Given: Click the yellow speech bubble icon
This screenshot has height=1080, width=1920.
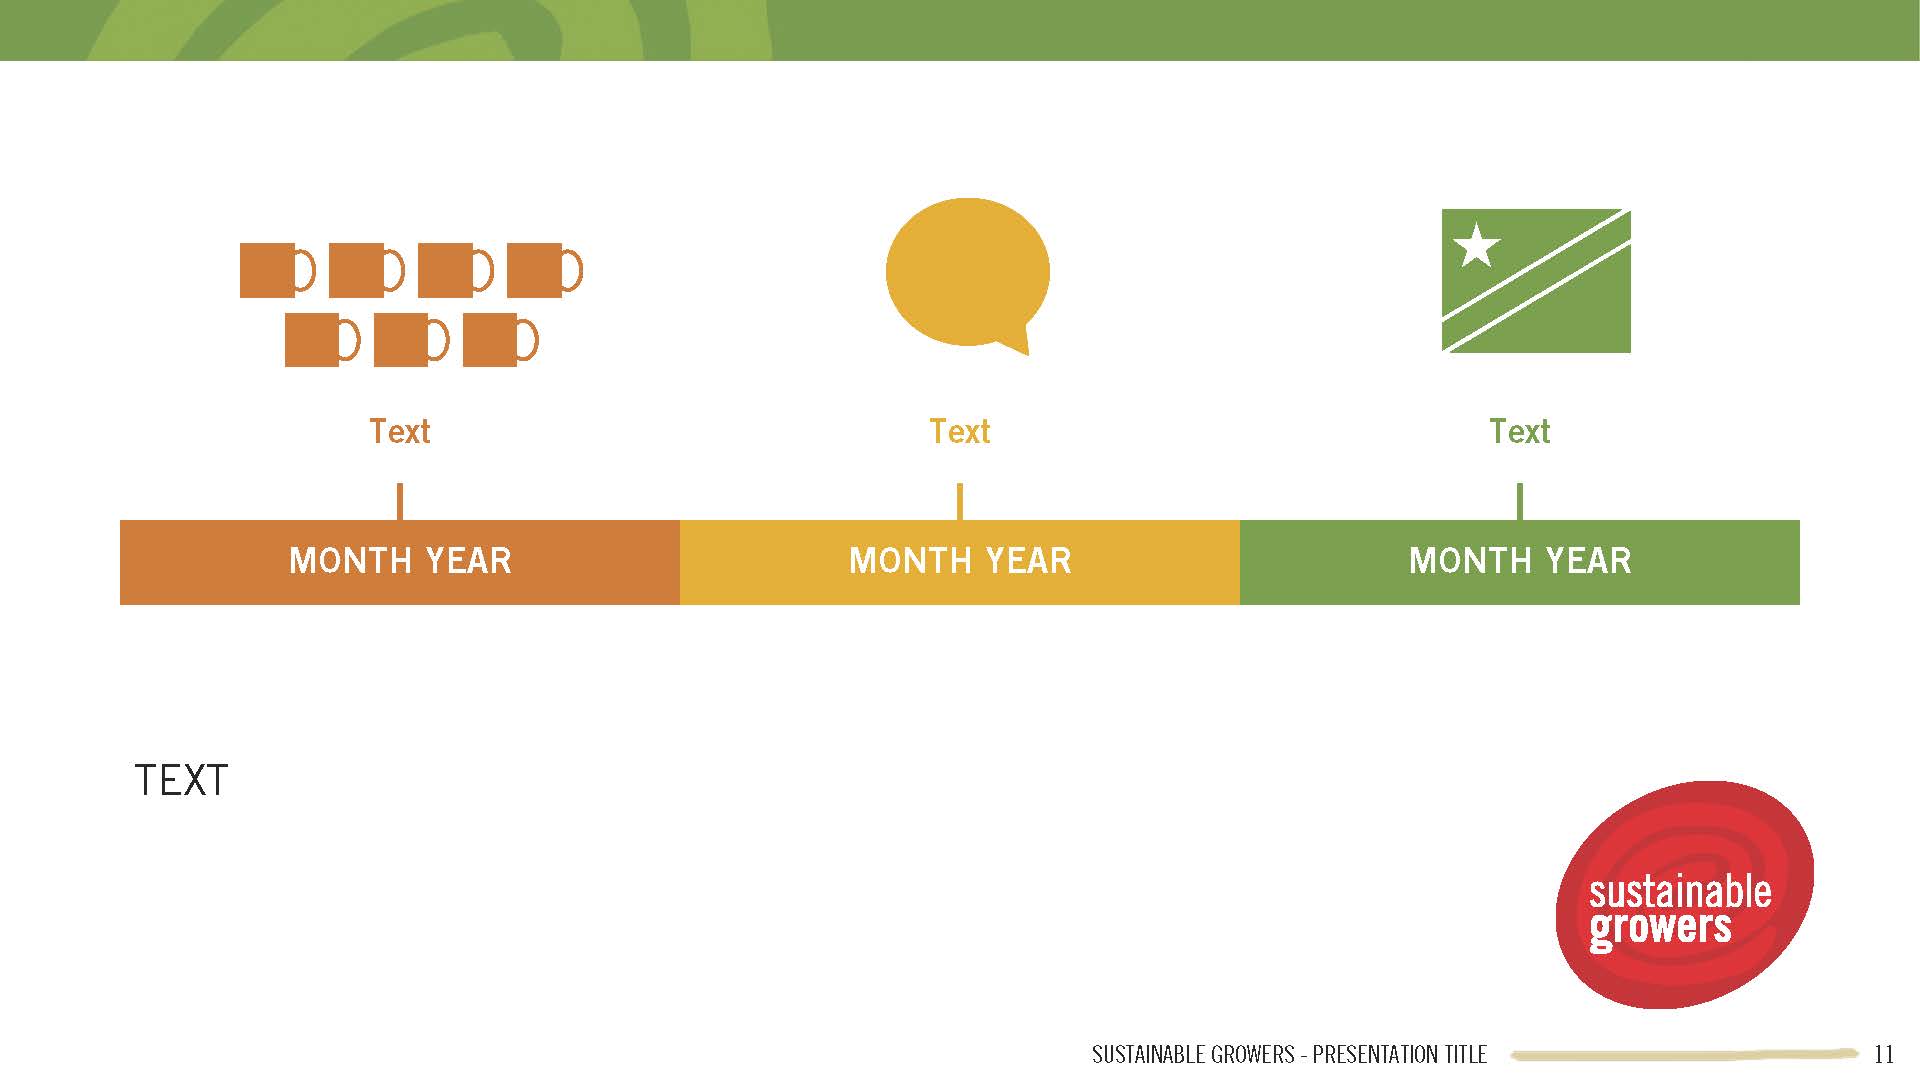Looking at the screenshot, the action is pos(967,272).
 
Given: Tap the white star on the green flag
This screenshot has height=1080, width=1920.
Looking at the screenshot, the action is pos(1476,245).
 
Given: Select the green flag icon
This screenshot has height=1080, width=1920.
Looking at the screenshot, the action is pos(1536,280).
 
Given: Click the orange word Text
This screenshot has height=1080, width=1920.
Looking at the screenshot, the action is pos(400,431).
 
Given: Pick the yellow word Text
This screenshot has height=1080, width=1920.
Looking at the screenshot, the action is pos(960,431).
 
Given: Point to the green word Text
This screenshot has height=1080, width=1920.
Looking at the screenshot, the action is pos(1520,431).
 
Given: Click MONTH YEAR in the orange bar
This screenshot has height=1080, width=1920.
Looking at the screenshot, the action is pos(400,561).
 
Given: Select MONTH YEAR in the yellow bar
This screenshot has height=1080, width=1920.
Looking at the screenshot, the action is pos(960,561).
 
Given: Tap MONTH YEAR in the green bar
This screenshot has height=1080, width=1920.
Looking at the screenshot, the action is pos(1520,561).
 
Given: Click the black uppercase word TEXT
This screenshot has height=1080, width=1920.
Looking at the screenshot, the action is pos(181,781).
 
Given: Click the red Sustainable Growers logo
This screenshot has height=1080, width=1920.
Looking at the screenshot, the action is pos(1685,894).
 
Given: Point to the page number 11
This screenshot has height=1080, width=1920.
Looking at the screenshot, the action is pos(1884,1054).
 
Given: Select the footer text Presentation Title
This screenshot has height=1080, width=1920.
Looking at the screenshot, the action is pos(1399,1054).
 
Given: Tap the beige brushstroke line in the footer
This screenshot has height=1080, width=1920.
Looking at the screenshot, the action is pos(1685,1054).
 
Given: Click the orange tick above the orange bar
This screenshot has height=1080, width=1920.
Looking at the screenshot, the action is pos(400,502).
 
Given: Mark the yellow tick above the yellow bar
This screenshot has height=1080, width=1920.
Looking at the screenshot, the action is pos(960,502).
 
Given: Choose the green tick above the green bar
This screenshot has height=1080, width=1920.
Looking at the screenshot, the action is pos(1520,502).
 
